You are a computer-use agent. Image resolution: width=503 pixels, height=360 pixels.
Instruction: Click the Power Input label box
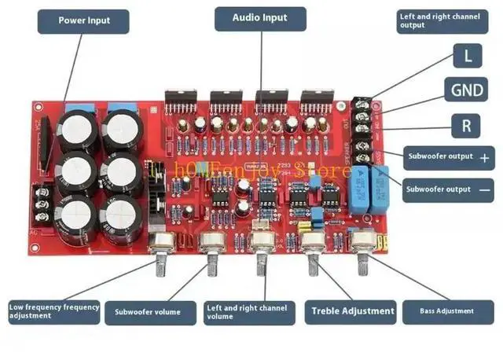(x=84, y=20)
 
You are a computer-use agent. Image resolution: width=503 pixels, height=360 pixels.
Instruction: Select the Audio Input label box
(x=260, y=17)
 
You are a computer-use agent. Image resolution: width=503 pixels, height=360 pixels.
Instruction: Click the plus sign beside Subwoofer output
(x=484, y=158)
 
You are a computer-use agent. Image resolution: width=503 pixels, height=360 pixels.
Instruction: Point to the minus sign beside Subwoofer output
(x=484, y=189)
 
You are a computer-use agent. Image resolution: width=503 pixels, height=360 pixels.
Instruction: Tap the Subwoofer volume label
(x=149, y=312)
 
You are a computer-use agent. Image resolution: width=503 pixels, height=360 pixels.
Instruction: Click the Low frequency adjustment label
(x=53, y=311)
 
